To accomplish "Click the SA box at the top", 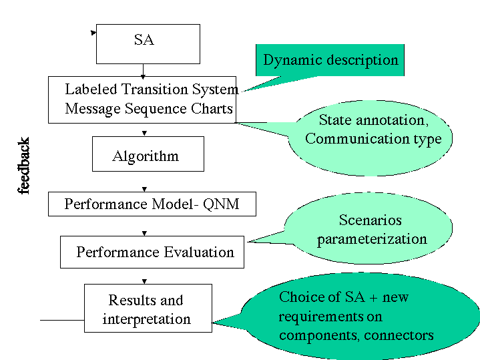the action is point(148,44).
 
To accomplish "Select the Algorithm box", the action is point(148,154).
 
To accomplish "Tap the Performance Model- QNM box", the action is point(152,204).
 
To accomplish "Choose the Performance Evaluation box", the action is point(152,252).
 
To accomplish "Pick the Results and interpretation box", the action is point(148,308).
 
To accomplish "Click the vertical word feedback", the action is point(23,166).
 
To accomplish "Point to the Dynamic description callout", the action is point(330,60).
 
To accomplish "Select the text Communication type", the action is point(373,139).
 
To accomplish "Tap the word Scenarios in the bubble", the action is point(370,220).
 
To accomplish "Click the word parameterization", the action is point(372,239).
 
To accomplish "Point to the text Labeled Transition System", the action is point(152,89).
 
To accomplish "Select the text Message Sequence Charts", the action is point(149,109).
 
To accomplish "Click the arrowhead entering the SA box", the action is point(93,33).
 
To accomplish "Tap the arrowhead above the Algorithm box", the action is point(144,134).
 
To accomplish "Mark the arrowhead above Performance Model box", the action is point(144,189).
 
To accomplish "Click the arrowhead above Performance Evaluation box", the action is point(144,234).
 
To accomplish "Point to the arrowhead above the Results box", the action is point(144,282).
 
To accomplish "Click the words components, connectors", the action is point(356,335).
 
